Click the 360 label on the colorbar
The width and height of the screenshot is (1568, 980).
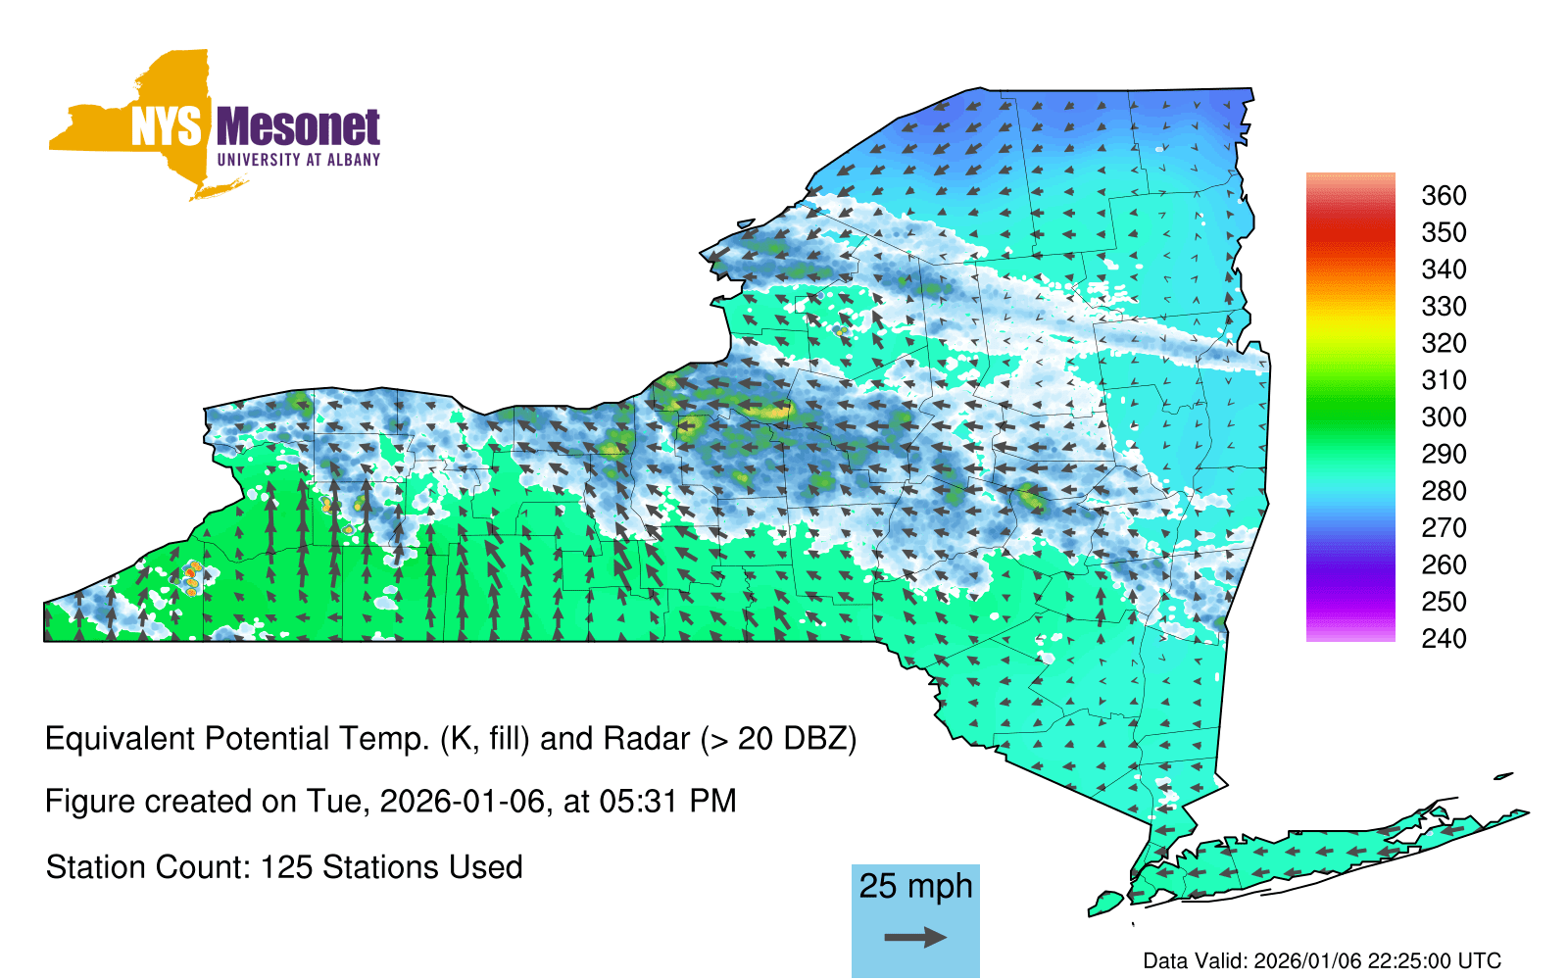[x=1444, y=195]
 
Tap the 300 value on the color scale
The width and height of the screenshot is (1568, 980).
[x=1444, y=417]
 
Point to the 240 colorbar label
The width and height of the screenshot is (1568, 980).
[x=1444, y=638]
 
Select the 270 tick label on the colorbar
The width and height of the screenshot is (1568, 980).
[x=1444, y=528]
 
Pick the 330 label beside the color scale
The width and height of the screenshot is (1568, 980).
[x=1444, y=306]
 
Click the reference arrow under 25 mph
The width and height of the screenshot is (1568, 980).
[x=915, y=937]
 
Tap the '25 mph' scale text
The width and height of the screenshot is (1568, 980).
[x=915, y=886]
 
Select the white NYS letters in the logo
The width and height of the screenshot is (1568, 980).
[x=166, y=126]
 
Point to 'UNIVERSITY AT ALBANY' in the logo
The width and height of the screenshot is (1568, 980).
[x=299, y=160]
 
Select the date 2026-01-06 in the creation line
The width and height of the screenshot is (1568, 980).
[x=462, y=802]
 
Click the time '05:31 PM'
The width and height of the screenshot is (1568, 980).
[x=667, y=802]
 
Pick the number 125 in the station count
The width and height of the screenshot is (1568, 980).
[x=285, y=867]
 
